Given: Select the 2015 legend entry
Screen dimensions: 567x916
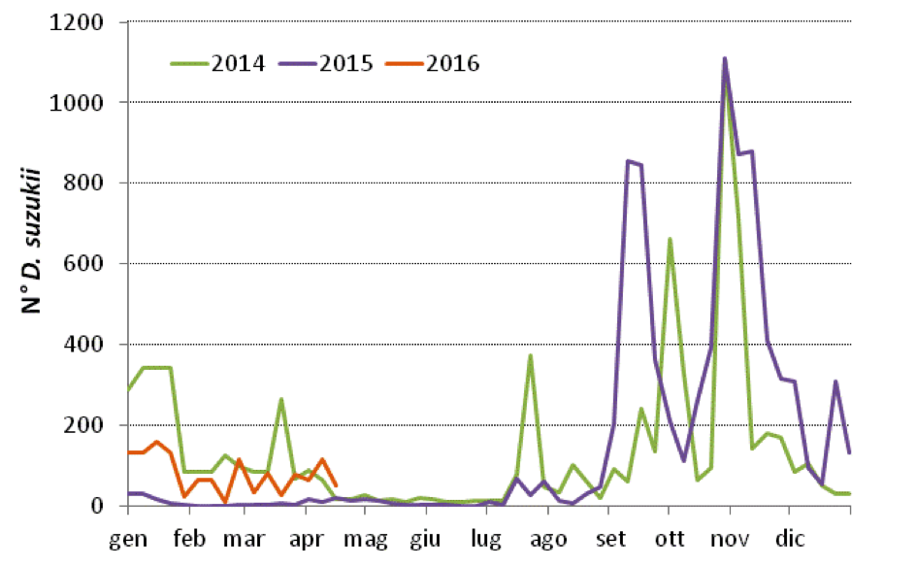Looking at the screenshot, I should pos(326,65).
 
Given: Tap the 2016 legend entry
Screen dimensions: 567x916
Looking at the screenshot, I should pos(433,65).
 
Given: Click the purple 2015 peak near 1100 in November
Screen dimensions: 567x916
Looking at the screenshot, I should pos(725,59).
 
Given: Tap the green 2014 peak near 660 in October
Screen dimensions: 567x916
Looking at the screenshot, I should pos(670,239).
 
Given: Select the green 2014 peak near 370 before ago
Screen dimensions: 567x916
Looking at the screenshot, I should pos(530,355).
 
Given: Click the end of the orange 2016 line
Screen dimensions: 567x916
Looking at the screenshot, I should pos(336,485).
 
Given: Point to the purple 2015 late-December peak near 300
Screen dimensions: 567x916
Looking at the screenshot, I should pos(835,382).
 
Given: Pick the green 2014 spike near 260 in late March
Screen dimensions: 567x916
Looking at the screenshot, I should pos(280,399).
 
